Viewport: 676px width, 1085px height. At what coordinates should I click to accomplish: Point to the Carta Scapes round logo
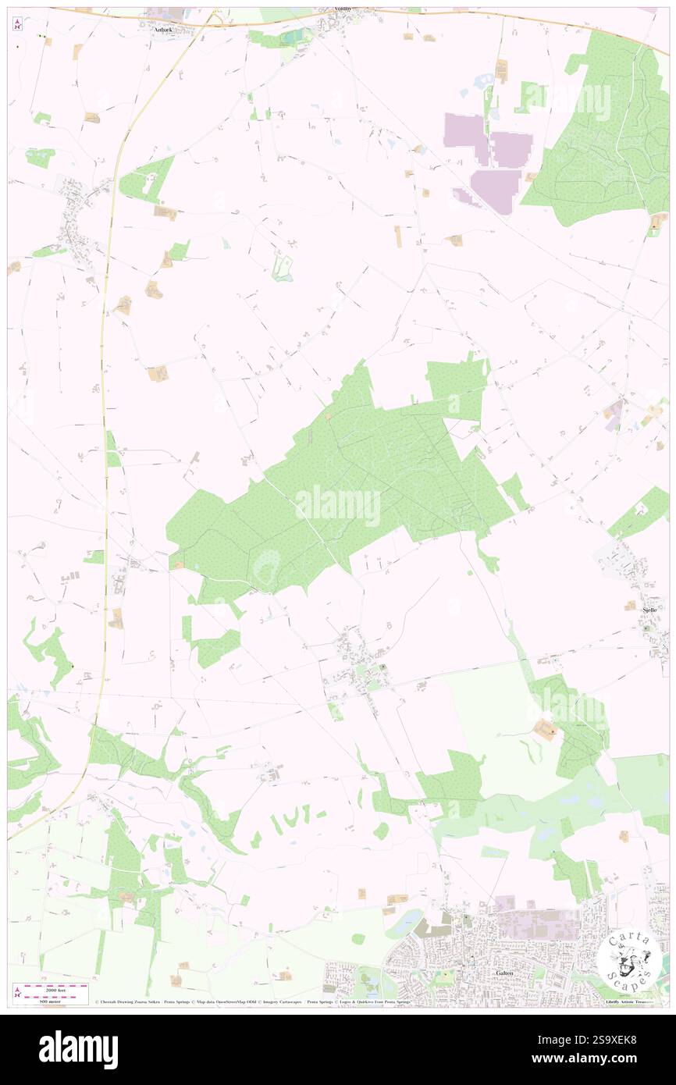[628, 962]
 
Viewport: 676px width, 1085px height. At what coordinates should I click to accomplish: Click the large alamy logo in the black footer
[78, 1049]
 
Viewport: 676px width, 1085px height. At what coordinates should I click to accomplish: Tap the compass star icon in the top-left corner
[18, 23]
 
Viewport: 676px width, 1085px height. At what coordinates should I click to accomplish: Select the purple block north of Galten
[539, 924]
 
